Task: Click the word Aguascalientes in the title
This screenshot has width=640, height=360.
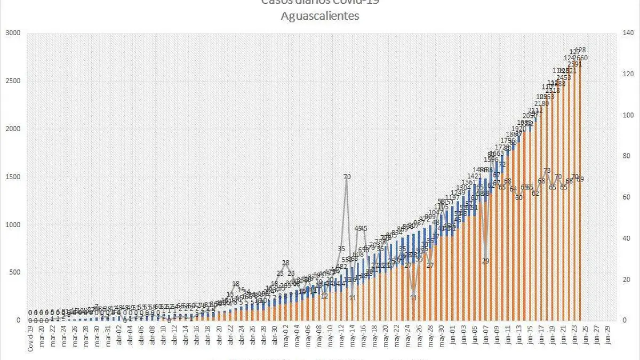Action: [x=320, y=16]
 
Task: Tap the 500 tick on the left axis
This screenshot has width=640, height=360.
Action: [x=16, y=273]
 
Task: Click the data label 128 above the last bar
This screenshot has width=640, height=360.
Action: [x=581, y=50]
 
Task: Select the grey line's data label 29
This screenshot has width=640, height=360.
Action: [x=486, y=261]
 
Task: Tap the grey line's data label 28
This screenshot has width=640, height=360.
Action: [x=285, y=263]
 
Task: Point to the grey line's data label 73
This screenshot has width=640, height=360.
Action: [x=547, y=171]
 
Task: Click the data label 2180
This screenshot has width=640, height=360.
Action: [x=541, y=103]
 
